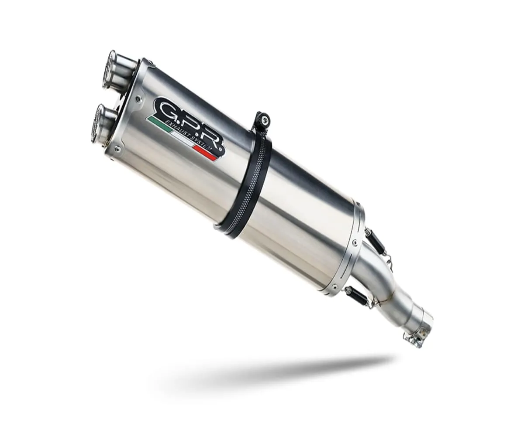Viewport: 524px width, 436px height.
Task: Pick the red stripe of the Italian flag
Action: [205, 153]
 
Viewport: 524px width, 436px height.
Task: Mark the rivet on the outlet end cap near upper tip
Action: [139, 99]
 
